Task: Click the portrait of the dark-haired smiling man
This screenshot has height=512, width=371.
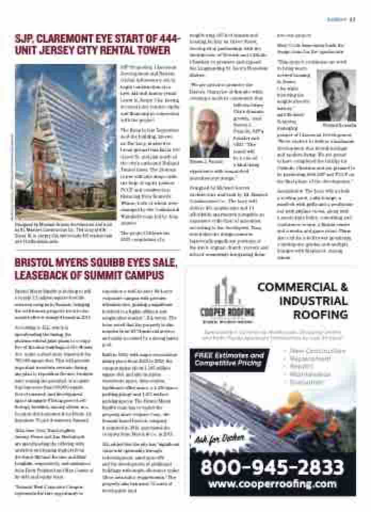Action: pyautogui.click(x=335, y=97)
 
